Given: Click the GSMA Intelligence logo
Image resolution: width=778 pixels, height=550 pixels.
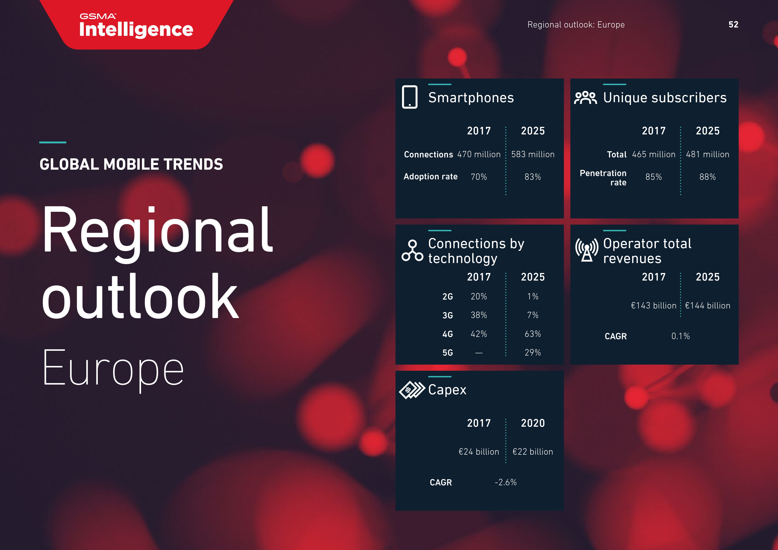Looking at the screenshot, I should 136,26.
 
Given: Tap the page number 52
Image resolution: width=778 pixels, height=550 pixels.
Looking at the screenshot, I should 733,24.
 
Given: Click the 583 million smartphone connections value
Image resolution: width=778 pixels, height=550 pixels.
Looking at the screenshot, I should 533,155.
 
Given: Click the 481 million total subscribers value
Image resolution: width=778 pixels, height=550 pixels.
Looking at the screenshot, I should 707,155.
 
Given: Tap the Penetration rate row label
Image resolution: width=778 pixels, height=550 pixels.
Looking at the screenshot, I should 603,178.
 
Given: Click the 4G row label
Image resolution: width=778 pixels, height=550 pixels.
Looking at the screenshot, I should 448,334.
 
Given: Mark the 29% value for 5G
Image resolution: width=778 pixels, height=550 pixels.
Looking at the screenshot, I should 533,353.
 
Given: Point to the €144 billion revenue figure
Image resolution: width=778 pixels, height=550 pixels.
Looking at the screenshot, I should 707,306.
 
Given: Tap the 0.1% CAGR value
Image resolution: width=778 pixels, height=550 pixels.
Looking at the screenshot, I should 680,336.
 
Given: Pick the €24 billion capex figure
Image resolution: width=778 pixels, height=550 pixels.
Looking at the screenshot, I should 479,452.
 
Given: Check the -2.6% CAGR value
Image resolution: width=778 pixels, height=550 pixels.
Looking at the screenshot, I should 506,482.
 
